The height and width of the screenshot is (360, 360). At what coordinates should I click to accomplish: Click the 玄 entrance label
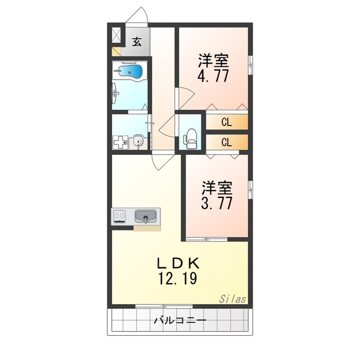137,40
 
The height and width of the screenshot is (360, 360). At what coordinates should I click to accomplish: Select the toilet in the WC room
191,138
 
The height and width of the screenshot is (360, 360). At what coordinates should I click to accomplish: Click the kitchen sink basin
146,215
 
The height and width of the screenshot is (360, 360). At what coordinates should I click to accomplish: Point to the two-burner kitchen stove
120,216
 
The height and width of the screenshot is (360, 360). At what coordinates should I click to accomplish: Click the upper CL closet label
226,121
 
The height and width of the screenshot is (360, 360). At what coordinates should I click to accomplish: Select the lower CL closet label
226,142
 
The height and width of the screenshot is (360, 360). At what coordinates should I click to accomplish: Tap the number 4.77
213,76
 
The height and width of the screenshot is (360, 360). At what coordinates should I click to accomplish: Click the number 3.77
217,202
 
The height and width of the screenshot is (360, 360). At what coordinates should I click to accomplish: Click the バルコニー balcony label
180,321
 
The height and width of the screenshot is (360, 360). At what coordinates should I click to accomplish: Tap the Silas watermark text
232,299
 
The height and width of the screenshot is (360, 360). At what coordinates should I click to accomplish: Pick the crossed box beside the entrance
116,35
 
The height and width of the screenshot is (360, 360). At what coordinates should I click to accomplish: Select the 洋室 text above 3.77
217,186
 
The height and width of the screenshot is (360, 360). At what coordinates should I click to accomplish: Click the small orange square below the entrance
116,52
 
